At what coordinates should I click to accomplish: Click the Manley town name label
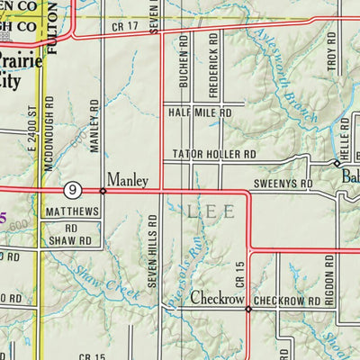click(x=127, y=180)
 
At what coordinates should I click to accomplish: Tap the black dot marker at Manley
click(x=103, y=191)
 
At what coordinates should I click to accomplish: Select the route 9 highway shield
click(x=72, y=190)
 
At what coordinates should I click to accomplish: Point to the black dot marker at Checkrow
click(x=248, y=309)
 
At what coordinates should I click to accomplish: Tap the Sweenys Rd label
click(x=282, y=183)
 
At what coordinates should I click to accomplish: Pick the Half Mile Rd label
click(x=200, y=112)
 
